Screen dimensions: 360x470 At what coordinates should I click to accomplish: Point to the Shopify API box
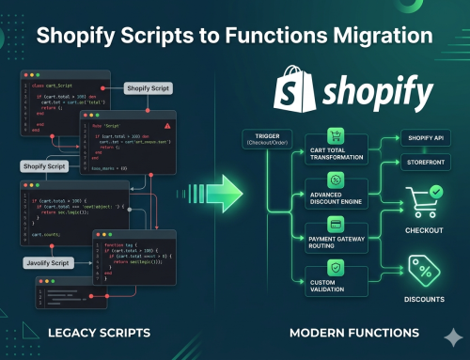(x=419, y=138)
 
